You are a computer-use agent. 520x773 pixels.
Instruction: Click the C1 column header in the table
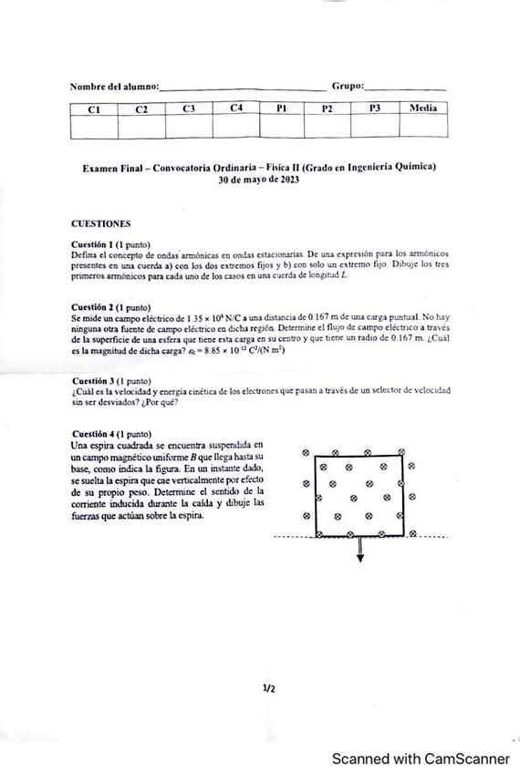click(x=93, y=108)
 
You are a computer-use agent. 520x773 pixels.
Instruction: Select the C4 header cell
click(x=236, y=108)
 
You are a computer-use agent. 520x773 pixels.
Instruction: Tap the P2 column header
click(x=328, y=108)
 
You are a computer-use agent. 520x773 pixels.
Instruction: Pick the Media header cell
click(x=423, y=108)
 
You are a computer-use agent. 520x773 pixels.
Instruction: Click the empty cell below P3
click(x=375, y=127)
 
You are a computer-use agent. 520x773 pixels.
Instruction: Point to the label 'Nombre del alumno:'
click(x=114, y=87)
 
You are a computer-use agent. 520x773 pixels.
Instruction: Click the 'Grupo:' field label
click(x=347, y=86)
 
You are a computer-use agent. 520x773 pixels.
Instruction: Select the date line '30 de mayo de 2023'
click(x=259, y=180)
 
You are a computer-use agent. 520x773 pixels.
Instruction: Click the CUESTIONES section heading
click(x=100, y=222)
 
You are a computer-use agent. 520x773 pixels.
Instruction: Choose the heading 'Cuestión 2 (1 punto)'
click(x=110, y=307)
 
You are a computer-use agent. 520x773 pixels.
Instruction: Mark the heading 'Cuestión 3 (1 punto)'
click(x=110, y=379)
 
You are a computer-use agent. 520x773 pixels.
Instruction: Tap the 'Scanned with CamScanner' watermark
click(x=420, y=758)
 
